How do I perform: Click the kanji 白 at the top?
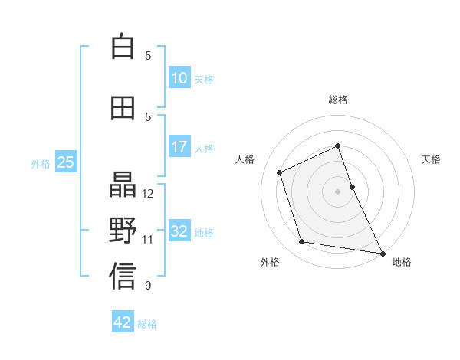coord(123,47)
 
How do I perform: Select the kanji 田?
coord(123,108)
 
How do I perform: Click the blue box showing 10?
coord(179,79)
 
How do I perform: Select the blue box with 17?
coord(179,147)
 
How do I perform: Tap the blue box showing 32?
coord(179,231)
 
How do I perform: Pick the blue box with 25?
coord(65,162)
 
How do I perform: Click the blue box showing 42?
coord(123,322)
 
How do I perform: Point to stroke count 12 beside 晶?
coord(149,194)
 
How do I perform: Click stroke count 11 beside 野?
coord(149,240)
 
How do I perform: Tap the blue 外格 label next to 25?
coord(41,163)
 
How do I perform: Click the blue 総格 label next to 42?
coord(147,323)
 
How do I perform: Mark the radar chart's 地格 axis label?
coord(402,262)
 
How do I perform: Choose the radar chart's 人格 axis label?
coord(245,159)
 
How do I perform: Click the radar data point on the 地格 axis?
coord(383,252)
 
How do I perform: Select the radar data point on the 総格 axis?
coord(337,146)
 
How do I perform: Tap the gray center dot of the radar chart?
coord(337,191)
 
